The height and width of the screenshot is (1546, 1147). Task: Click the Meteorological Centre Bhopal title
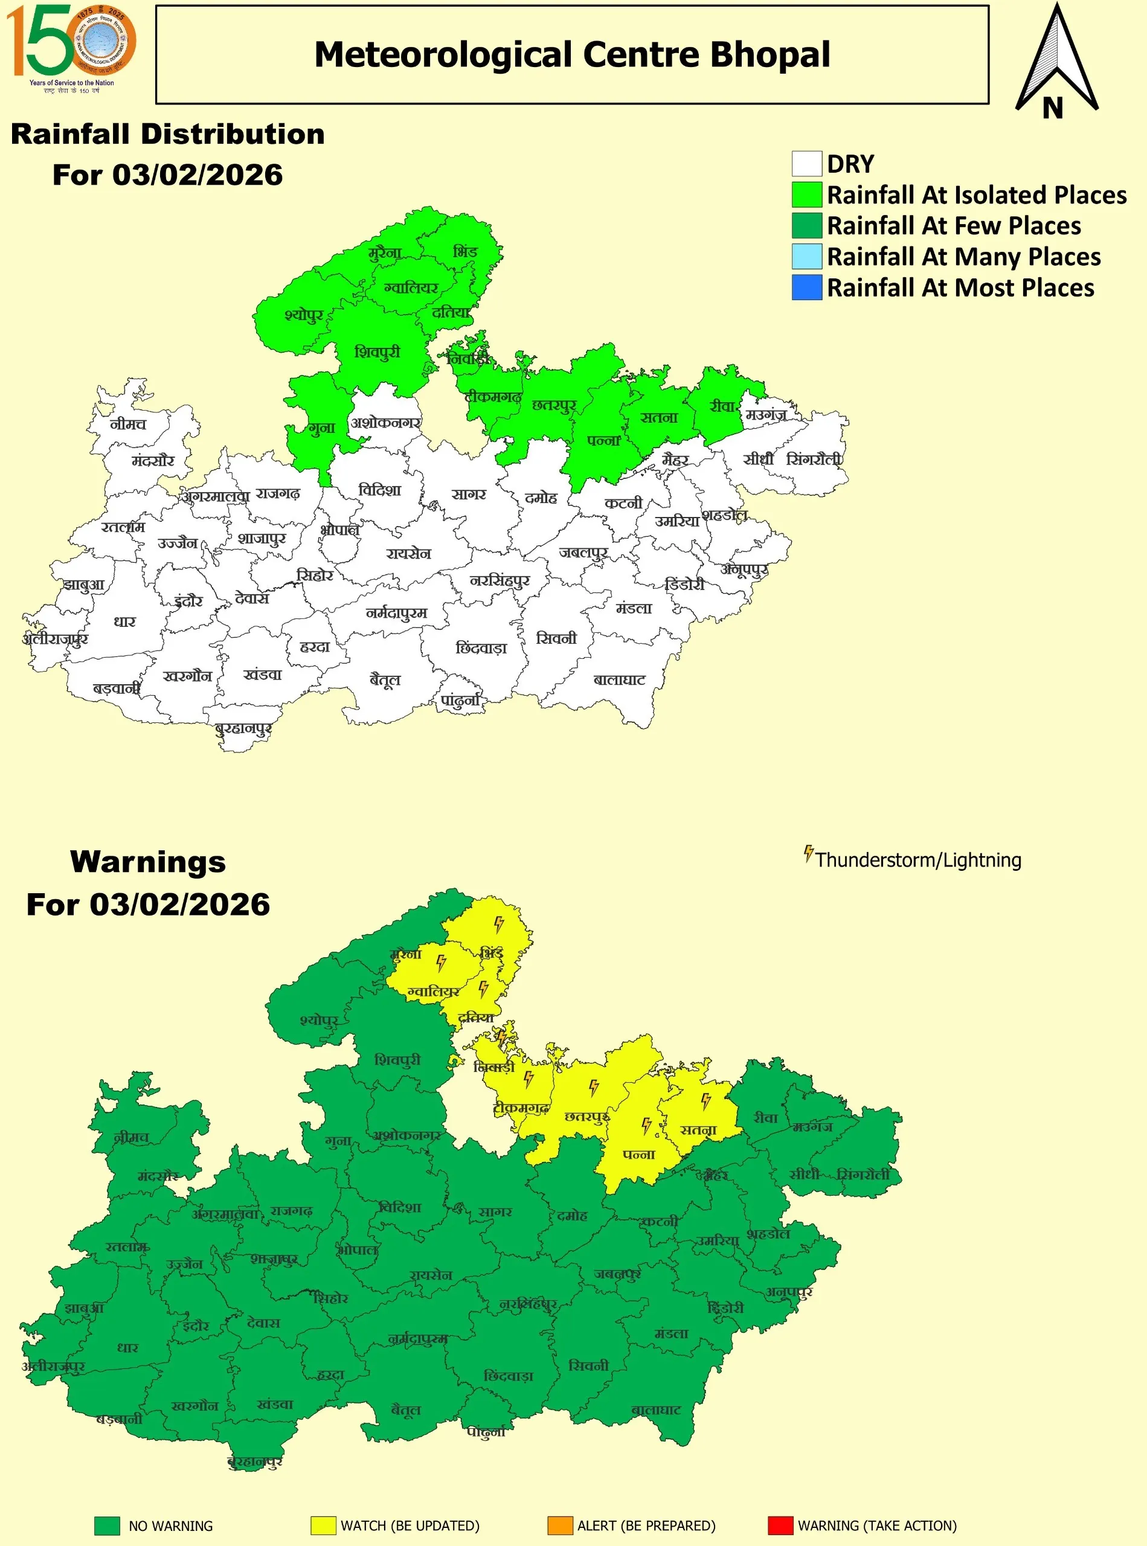[x=572, y=55]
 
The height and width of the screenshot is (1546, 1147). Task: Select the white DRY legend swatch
[x=807, y=164]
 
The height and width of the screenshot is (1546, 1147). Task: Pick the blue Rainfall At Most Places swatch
[x=807, y=287]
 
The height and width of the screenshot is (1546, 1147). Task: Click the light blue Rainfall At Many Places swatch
[x=807, y=256]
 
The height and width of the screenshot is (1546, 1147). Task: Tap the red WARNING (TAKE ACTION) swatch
[x=780, y=1525]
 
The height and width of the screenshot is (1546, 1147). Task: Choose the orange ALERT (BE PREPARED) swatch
[x=560, y=1525]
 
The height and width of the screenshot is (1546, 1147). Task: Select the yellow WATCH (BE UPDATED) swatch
[x=324, y=1525]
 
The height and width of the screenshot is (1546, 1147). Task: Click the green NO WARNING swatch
[x=107, y=1525]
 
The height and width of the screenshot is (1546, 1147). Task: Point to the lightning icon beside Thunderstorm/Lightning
[x=808, y=853]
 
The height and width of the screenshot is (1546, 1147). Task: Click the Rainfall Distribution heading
[x=167, y=134]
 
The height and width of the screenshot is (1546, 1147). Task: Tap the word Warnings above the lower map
[x=148, y=862]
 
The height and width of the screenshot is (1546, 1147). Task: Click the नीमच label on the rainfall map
[x=129, y=423]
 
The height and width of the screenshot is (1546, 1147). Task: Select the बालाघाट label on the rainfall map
[x=619, y=679]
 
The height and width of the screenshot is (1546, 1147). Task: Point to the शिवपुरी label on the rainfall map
[x=377, y=352]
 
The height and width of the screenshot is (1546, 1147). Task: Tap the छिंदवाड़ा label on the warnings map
[x=508, y=1376]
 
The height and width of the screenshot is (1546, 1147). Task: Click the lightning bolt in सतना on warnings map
[x=706, y=1101]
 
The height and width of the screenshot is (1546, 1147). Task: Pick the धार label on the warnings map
[x=127, y=1347]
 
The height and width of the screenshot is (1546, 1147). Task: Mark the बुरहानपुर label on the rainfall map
[x=243, y=728]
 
